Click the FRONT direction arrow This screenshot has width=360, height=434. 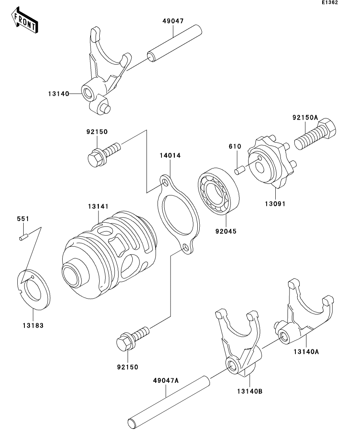coord(24,22)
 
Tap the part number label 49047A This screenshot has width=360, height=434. coord(165,380)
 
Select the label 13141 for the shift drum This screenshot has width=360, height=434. coord(98,206)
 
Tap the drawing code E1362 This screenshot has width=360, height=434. coord(330,3)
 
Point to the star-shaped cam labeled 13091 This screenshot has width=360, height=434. coord(271,163)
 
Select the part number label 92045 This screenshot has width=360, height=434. coord(226,231)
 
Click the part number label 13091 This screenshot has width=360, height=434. coord(275,204)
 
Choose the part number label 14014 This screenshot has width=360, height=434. coord(170,155)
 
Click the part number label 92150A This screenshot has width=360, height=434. coord(305,117)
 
